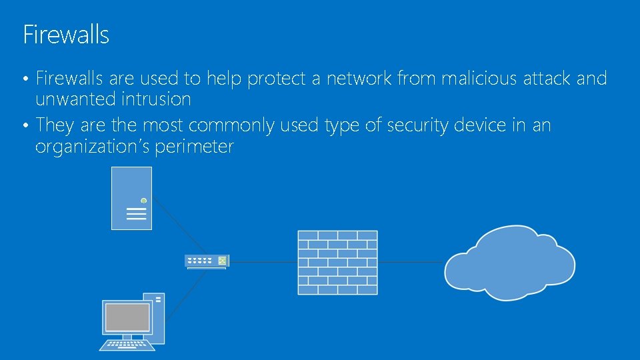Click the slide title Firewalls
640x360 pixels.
pos(66,34)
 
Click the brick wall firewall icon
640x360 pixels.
pos(337,263)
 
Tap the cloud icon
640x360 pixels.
pos(511,263)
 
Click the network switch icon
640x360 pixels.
pos(207,261)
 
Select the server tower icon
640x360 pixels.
pos(131,198)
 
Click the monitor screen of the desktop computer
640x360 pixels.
pos(127,317)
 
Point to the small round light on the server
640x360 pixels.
pos(143,201)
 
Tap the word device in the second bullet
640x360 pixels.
pos(483,125)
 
